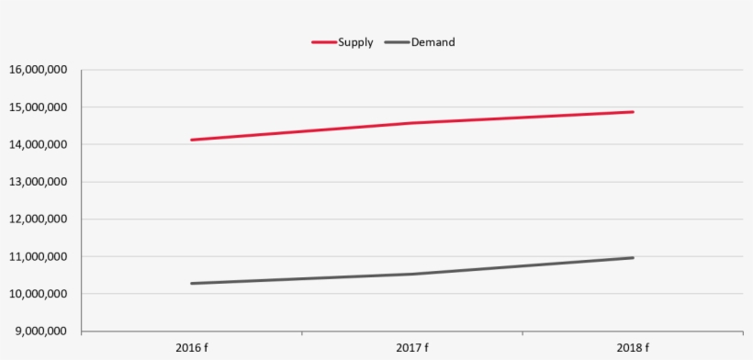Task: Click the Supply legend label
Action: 355,42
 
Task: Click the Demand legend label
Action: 433,42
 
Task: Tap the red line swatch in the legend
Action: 323,42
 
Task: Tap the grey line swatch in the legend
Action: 397,42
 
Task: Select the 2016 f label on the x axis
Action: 191,348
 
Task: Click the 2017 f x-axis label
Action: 412,348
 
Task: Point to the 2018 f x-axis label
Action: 633,348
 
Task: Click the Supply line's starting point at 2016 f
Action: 192,140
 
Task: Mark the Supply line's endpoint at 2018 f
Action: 633,112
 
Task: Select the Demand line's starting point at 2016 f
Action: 192,283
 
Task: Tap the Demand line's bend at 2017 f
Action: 412,274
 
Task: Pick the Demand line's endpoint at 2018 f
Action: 633,258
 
